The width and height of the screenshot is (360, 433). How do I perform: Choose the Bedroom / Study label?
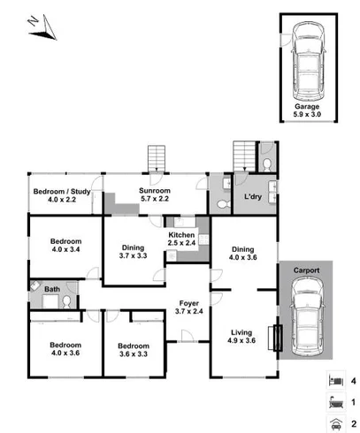click(x=62, y=195)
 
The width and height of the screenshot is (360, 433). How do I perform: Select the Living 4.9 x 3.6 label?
click(x=241, y=337)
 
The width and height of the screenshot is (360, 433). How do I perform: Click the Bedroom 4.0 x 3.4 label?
click(x=65, y=246)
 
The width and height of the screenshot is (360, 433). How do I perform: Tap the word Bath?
click(x=53, y=289)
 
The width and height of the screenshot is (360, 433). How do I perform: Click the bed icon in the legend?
click(x=332, y=380)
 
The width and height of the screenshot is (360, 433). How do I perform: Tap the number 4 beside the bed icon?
click(x=352, y=381)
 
